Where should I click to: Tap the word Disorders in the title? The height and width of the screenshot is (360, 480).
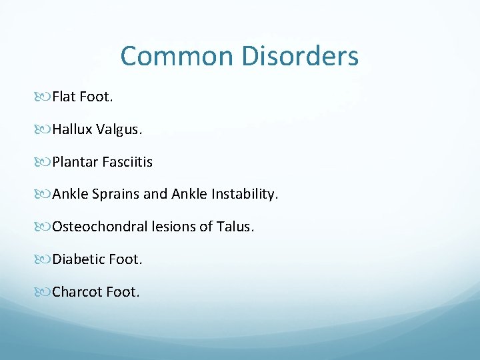(300, 56)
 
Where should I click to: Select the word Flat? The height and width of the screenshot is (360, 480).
(64, 97)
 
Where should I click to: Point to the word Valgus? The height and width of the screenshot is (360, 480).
(119, 130)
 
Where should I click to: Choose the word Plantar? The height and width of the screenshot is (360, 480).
(75, 162)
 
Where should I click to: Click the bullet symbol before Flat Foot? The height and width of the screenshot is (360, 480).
(44, 98)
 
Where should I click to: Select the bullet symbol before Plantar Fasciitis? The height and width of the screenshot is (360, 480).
(44, 163)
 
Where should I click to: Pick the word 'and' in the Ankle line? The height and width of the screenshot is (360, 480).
(155, 195)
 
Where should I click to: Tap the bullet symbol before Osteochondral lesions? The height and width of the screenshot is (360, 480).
(44, 227)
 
